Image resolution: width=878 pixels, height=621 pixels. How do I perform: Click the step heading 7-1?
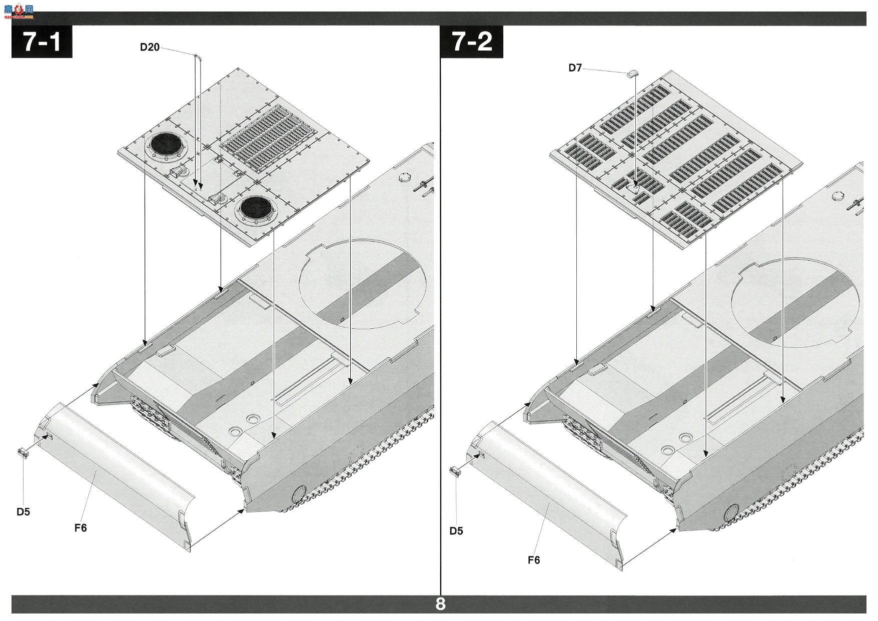coord(42,42)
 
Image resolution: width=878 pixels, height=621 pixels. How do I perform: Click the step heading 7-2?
coord(472,42)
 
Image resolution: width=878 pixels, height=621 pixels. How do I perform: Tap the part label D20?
coord(150,48)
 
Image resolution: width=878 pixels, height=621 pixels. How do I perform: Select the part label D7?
coord(575,68)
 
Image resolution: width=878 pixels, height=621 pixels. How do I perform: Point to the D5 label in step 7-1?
coord(23,512)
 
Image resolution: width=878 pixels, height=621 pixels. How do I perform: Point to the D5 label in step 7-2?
coord(456,531)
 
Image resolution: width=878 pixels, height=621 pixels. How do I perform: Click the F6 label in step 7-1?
coord(81,527)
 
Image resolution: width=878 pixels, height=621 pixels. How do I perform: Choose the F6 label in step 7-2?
coord(534,560)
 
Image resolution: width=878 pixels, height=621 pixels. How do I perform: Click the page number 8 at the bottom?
coord(440,604)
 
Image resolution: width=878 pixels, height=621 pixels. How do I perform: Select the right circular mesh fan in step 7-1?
coord(256,208)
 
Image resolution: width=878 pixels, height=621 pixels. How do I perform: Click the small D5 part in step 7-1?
coord(24,453)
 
